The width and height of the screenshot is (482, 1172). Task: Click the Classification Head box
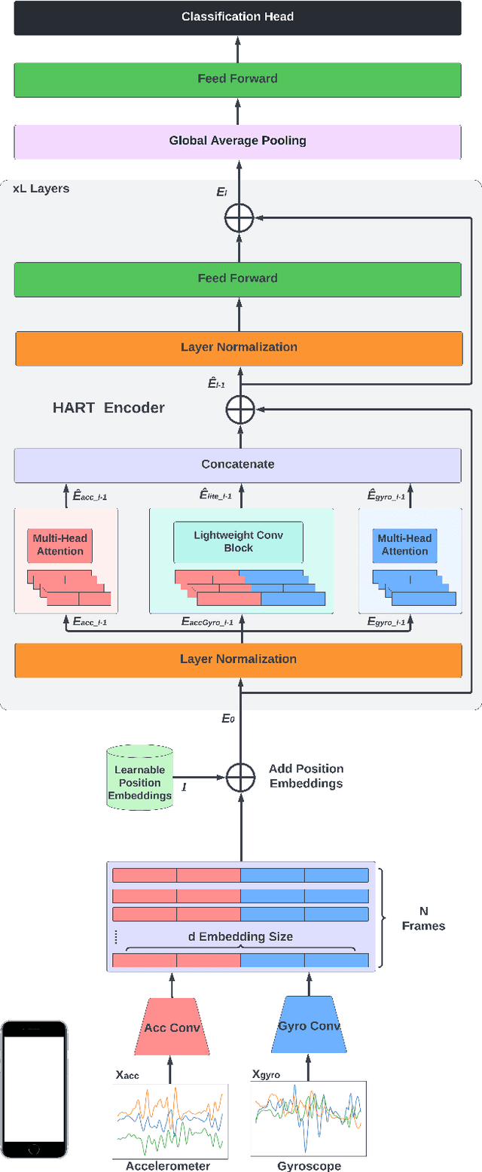tap(237, 17)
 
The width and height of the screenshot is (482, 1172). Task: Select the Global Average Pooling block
tap(237, 141)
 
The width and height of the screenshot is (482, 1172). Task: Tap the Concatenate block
tap(237, 464)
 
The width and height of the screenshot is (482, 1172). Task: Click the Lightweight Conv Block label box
tap(238, 542)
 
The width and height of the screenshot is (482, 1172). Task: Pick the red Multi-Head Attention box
tap(60, 545)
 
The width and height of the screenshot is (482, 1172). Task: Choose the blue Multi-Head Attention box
tap(404, 545)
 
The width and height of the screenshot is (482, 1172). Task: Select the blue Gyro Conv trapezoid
tap(308, 1026)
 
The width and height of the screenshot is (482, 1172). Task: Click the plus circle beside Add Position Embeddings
tap(240, 776)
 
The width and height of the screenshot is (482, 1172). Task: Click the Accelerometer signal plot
tap(170, 1121)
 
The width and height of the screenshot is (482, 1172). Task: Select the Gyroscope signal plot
tap(308, 1119)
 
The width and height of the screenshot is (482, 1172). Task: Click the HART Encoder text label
tap(108, 408)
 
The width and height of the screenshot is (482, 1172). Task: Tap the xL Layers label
tap(41, 188)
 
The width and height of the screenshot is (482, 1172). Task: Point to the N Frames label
tap(423, 919)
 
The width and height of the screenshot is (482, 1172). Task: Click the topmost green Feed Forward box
tap(237, 78)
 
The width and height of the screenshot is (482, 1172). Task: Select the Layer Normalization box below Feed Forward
tap(237, 347)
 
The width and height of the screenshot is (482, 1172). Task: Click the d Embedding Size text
tap(239, 936)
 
